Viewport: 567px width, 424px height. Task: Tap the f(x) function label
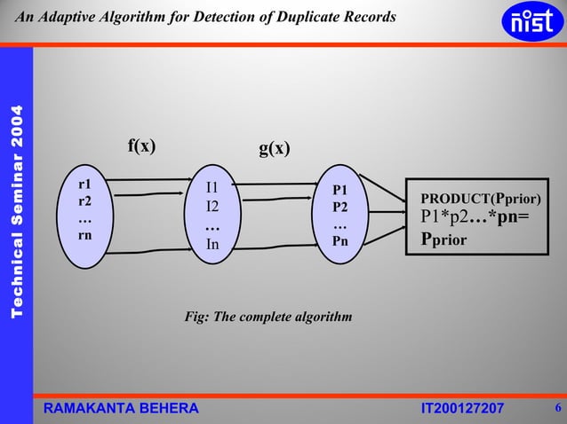pos(141,146)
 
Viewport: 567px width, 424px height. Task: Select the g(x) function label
pos(275,148)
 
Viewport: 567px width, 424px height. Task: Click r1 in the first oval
pos(84,185)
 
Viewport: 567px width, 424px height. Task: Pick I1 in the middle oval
pos(212,187)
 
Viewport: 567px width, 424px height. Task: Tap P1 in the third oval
pos(340,190)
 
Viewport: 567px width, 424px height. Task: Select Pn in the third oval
pos(340,239)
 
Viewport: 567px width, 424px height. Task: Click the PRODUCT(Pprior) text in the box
pos(481,198)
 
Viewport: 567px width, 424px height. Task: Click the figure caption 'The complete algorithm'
pos(268,317)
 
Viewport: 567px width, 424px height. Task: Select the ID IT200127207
pos(461,407)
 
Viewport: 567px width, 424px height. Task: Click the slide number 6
pos(556,407)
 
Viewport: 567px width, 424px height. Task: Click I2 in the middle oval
pos(212,207)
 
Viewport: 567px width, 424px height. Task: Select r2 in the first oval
pos(84,201)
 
